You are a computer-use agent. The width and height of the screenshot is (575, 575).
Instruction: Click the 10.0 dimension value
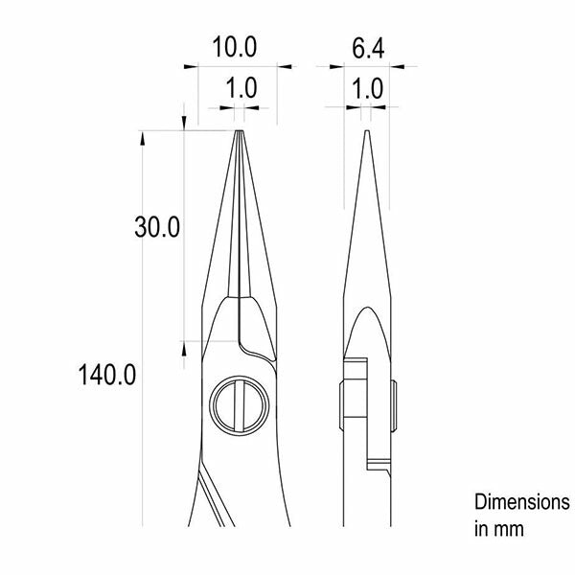(x=235, y=47)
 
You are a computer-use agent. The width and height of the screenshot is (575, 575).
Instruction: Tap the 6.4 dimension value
(x=368, y=49)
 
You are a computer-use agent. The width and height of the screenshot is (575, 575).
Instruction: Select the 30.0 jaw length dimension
(x=157, y=227)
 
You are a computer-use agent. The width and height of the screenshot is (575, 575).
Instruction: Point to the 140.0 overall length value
(x=106, y=375)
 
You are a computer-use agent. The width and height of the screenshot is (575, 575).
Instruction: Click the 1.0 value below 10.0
(x=241, y=88)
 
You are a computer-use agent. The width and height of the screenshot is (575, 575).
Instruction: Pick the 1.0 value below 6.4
(x=367, y=89)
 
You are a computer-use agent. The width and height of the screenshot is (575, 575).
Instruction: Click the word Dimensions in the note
(x=522, y=501)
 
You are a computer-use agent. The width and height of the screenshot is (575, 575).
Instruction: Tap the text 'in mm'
(x=499, y=529)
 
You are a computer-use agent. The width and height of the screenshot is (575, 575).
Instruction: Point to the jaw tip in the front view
(x=239, y=131)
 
